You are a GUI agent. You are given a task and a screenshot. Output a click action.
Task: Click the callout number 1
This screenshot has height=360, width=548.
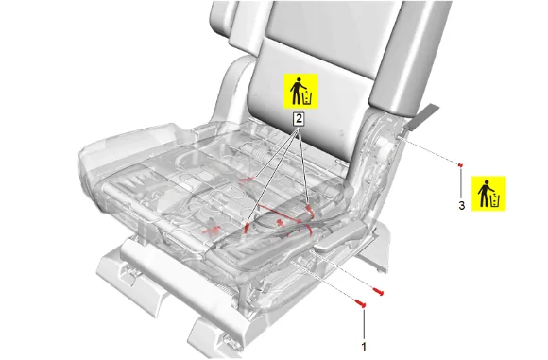(x=364, y=347)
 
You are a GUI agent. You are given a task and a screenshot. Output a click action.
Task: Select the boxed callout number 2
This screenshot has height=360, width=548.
(x=299, y=119)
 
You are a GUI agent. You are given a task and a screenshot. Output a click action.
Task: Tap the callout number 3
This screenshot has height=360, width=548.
(x=462, y=206)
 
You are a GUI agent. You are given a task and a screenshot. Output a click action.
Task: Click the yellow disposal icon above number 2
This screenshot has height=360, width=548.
(x=300, y=91)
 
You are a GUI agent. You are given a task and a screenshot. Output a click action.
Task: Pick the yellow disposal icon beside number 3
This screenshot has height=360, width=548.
(x=488, y=194)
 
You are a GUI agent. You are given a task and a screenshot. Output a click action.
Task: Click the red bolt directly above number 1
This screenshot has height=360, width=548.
(x=360, y=303)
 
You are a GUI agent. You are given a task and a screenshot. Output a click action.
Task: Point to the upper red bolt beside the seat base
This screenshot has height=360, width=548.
(x=378, y=291)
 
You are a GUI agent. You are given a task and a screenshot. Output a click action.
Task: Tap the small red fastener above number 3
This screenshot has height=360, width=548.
(x=461, y=164)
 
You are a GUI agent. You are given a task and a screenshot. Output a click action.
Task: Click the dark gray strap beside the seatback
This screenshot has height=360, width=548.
(x=421, y=116)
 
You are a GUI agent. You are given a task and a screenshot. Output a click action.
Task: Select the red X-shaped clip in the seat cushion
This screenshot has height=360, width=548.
(x=213, y=230)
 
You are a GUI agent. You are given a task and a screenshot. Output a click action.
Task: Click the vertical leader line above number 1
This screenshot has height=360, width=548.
(x=364, y=324)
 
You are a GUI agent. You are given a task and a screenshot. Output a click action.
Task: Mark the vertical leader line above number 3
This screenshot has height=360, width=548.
(x=461, y=183)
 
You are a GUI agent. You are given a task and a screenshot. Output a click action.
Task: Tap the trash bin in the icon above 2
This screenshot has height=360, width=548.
(x=307, y=97)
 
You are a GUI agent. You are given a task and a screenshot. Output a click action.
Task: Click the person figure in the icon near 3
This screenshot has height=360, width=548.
(x=484, y=194)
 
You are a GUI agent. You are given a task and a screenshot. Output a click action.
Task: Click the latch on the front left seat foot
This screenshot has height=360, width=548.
(x=130, y=272)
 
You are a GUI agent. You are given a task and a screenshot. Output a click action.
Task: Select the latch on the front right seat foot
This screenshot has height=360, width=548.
(x=230, y=341)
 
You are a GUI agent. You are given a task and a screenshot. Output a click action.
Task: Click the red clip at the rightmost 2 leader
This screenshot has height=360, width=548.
(x=309, y=209)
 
